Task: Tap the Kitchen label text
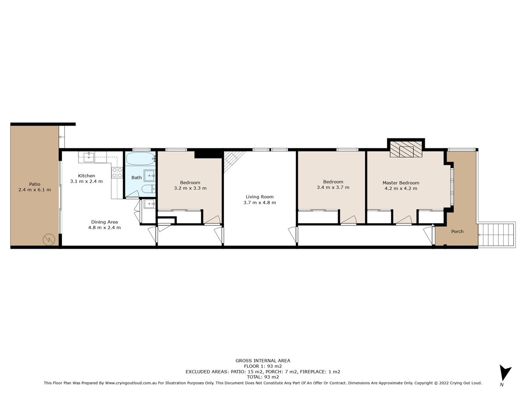pos(86,176)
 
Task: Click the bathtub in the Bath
pos(140,158)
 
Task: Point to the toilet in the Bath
pos(149,189)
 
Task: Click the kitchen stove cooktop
pos(117,173)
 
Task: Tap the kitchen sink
pos(89,157)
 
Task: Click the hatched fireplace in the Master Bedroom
pos(406,149)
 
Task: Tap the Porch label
pos(457,231)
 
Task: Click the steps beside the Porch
pos(497,235)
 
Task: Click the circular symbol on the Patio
pos(49,239)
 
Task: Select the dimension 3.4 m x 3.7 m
pos(333,187)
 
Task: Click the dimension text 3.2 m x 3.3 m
pos(190,188)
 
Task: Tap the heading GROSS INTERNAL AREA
pos(263,360)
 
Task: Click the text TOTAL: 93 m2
pos(263,377)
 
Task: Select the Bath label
pos(137,177)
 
